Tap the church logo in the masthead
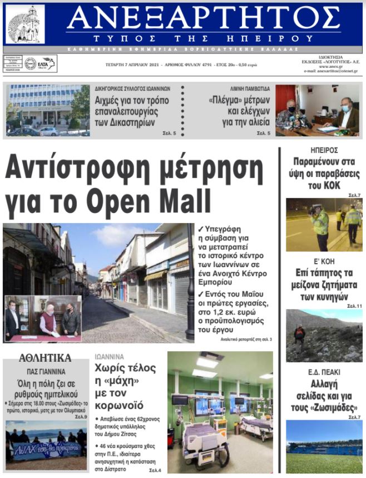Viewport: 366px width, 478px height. (x=24, y=24)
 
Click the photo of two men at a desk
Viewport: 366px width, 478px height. (x=317, y=110)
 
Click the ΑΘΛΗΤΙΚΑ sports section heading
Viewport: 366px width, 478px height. (x=45, y=358)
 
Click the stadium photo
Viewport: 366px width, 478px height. (x=324, y=447)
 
